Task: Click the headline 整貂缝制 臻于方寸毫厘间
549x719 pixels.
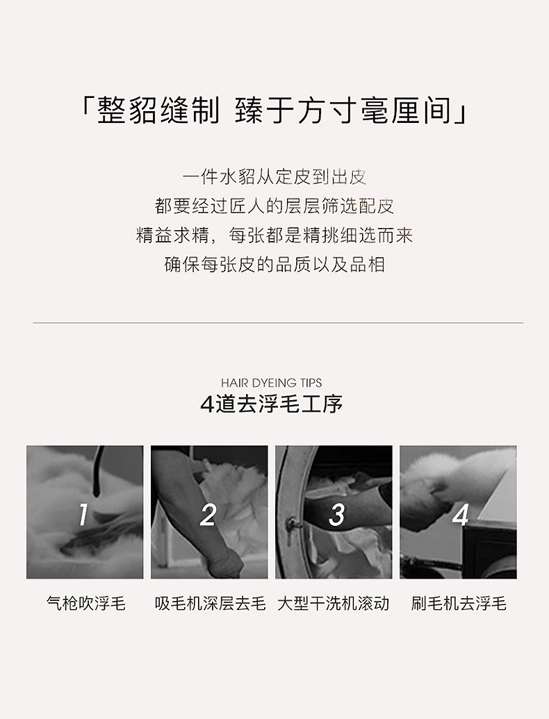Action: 274,110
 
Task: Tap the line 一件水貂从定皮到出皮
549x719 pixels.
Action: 274,176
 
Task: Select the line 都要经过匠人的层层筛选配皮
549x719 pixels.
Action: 274,206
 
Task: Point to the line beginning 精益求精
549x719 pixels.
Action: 274,235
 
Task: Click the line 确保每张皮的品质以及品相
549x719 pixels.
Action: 274,265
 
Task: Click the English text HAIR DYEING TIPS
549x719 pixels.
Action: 272,383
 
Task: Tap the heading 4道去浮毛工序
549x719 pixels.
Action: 272,404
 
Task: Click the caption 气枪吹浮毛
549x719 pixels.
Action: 85,603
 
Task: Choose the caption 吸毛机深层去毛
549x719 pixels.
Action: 210,603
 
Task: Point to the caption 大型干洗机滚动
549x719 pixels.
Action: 334,603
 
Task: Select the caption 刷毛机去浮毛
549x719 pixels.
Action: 459,603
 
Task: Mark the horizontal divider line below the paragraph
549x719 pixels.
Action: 278,323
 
